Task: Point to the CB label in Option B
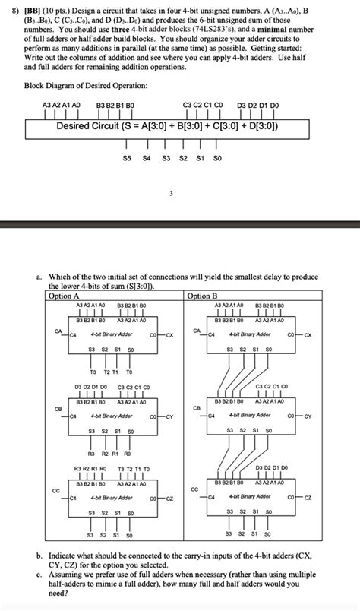pyautogui.click(x=196, y=408)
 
